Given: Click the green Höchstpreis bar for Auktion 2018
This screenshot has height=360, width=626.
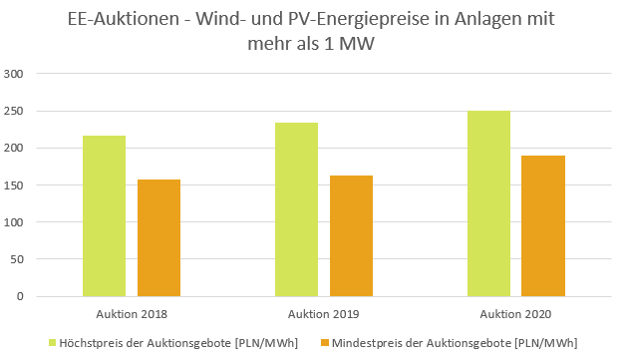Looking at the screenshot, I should coord(104,216).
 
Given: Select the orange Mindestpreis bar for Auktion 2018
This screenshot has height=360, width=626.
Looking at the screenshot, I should coord(158,238).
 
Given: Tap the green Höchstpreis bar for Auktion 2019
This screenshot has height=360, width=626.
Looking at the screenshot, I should coord(296,209).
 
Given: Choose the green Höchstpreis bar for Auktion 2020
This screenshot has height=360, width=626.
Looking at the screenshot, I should coord(488,203).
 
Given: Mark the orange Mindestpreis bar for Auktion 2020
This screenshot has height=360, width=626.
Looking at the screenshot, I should coord(543,226).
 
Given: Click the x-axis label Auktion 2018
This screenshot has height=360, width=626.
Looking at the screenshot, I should coord(132,313).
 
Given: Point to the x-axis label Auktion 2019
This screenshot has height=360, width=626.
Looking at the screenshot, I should coord(324,313).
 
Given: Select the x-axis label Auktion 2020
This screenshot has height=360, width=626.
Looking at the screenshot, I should coord(516,313).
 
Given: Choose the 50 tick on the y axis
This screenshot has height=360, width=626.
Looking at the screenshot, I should coord(17,259).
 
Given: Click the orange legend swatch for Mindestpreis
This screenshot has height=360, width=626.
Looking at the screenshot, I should coord(324,343).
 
